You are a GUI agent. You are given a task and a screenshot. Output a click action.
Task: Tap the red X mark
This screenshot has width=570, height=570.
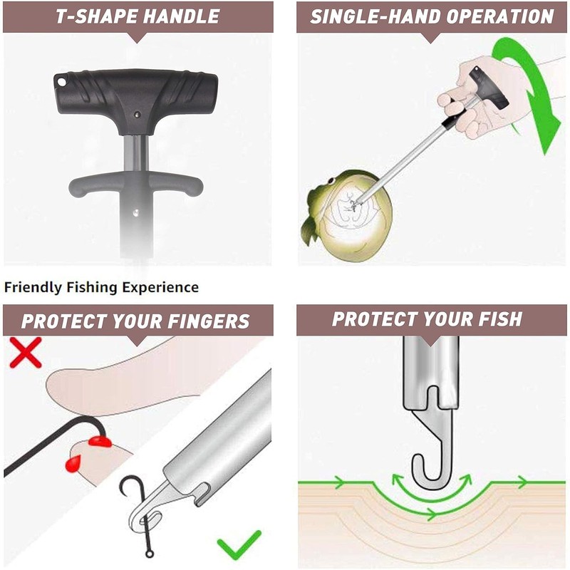[25, 353]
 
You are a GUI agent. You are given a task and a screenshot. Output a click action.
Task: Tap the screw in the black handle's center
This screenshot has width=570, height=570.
[138, 113]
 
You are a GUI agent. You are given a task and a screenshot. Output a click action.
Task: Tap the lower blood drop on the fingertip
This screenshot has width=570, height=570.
[73, 465]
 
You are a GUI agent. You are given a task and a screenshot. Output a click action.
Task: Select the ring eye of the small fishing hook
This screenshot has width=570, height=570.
[148, 551]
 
